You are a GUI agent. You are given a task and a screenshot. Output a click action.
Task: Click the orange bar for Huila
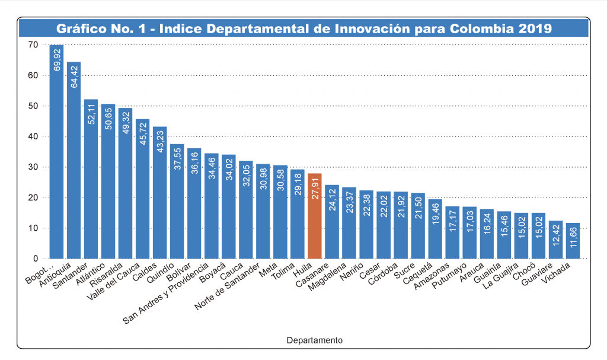(x=315, y=216)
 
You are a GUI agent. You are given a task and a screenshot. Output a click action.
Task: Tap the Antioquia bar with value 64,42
(x=74, y=160)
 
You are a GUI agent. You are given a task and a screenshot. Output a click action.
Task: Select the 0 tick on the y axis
(x=35, y=259)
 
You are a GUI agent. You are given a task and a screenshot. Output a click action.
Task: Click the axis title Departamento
(x=314, y=340)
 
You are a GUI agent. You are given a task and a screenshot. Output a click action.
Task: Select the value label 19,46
(x=436, y=214)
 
